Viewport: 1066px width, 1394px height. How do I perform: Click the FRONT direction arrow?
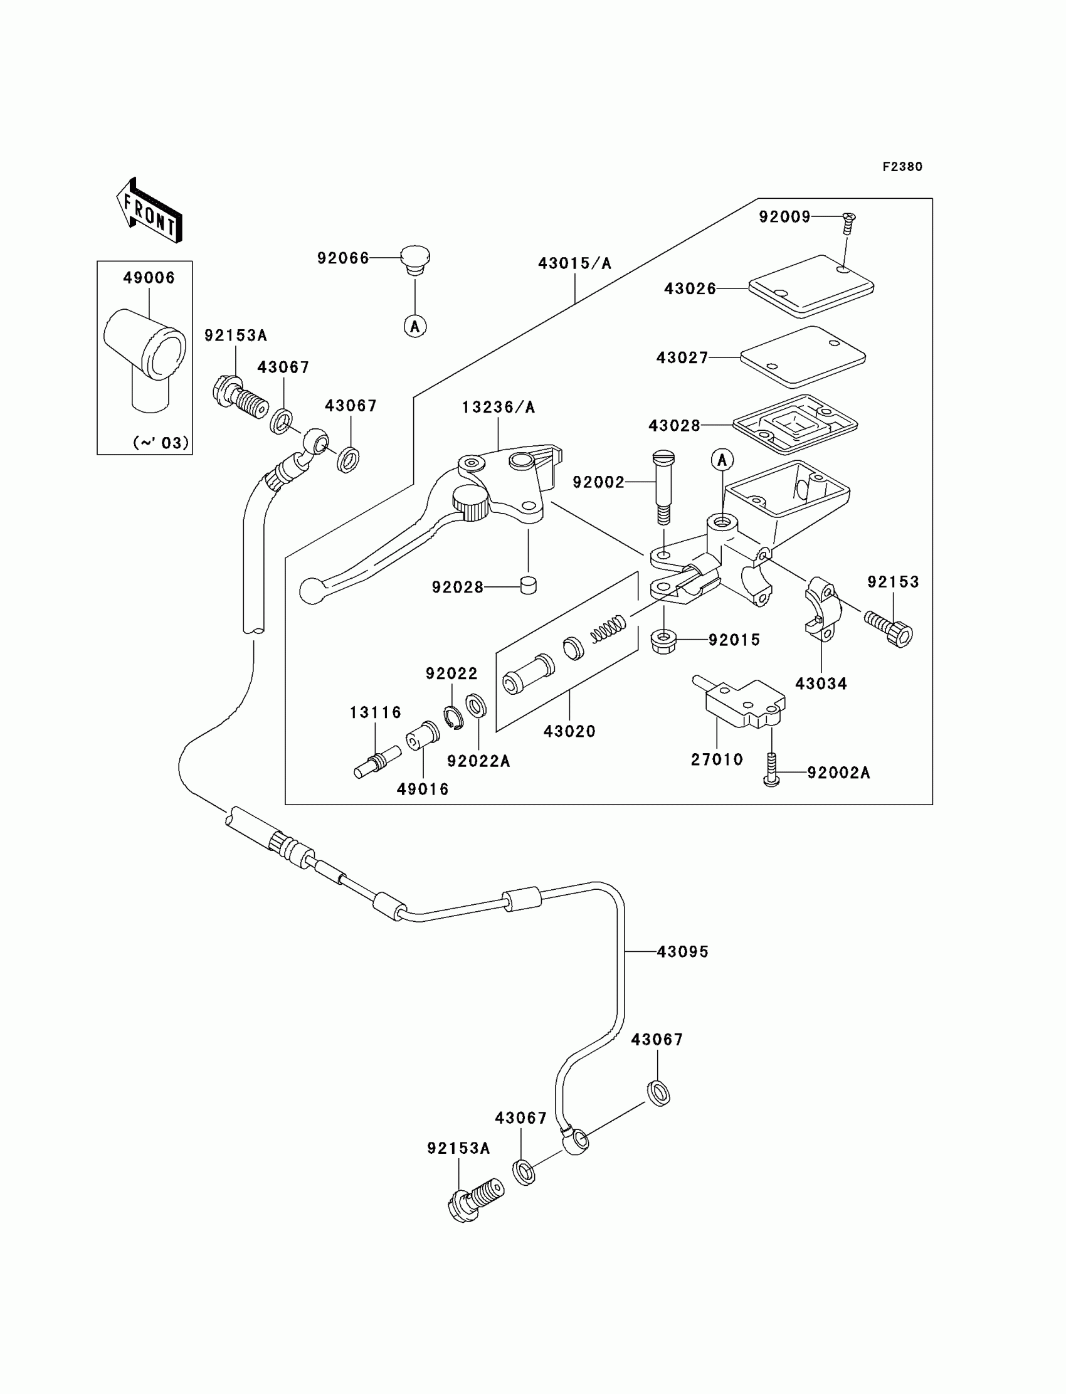coord(150,211)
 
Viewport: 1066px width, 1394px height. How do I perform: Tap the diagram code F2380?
coord(902,167)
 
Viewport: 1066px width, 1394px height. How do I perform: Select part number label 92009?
coord(785,217)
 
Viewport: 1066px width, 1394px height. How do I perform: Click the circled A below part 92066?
coord(415,326)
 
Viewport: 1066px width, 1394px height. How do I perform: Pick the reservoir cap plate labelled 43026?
coord(811,286)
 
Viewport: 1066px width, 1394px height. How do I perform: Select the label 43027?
coord(682,358)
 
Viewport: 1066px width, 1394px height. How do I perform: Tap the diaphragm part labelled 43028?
coord(795,425)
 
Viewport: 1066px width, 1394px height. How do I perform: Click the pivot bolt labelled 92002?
coord(663,488)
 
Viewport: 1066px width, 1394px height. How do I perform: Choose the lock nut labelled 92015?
coord(663,641)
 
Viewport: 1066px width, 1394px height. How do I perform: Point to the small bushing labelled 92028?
coord(528,585)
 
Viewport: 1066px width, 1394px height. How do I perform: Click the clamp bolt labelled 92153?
coord(889,629)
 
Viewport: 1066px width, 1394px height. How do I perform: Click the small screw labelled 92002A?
coord(771,769)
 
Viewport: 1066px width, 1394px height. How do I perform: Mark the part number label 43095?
coord(683,952)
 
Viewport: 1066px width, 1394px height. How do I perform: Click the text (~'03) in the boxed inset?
coord(161,442)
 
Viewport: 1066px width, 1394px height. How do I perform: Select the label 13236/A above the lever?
coord(498,408)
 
